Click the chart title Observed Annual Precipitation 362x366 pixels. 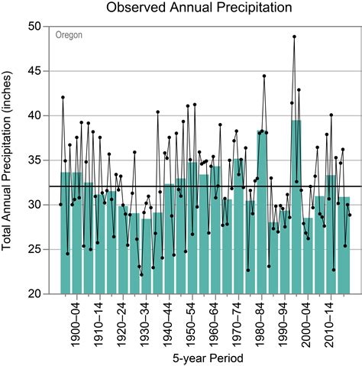click(199, 8)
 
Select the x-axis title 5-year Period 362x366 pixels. click(200, 356)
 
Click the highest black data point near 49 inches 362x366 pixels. click(295, 37)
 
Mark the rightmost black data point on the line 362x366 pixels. click(350, 215)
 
